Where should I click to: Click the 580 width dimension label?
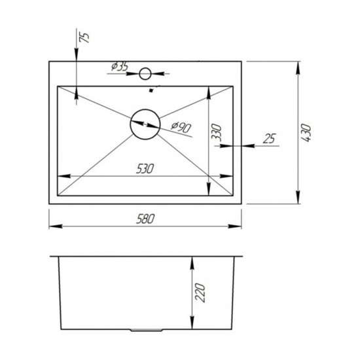(x=145, y=219)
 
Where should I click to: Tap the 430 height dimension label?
(x=306, y=132)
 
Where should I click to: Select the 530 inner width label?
(x=145, y=169)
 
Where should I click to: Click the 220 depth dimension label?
(x=200, y=293)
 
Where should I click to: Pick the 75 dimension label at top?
(x=84, y=37)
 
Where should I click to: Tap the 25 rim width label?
(x=269, y=139)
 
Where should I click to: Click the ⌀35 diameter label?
(x=119, y=67)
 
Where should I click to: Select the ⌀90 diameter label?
(x=181, y=127)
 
